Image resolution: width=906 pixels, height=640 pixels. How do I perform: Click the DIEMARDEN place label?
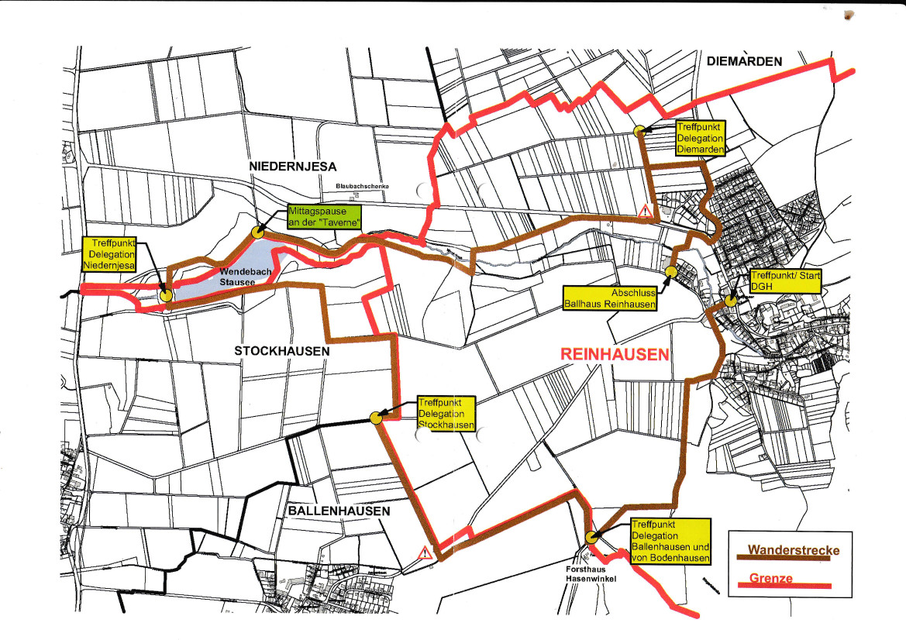pyautogui.click(x=745, y=61)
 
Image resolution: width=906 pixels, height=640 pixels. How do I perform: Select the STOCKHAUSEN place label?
pyautogui.click(x=282, y=351)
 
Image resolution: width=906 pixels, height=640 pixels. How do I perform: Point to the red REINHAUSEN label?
pyautogui.click(x=614, y=354)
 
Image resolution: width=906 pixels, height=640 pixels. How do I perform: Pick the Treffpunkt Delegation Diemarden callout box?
pyautogui.click(x=700, y=138)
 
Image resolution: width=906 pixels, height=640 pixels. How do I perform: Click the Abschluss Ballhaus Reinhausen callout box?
pyautogui.click(x=611, y=298)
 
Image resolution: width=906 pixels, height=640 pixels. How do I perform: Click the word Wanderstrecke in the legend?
pyautogui.click(x=794, y=551)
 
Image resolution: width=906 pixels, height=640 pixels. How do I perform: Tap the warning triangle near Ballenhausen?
pyautogui.click(x=425, y=553)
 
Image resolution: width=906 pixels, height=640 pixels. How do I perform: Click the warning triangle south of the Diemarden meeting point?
pyautogui.click(x=644, y=210)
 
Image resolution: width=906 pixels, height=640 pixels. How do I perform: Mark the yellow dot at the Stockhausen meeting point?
pyautogui.click(x=376, y=417)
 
